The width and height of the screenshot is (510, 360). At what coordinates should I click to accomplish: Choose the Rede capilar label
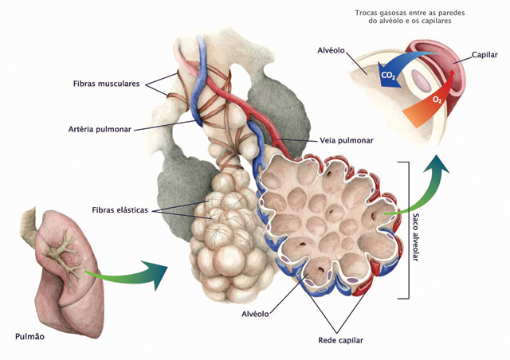pyautogui.click(x=335, y=340)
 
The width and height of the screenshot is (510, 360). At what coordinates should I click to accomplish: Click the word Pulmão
pyautogui.click(x=30, y=337)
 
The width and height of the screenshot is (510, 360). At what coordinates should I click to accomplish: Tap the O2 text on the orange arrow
pyautogui.click(x=437, y=100)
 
